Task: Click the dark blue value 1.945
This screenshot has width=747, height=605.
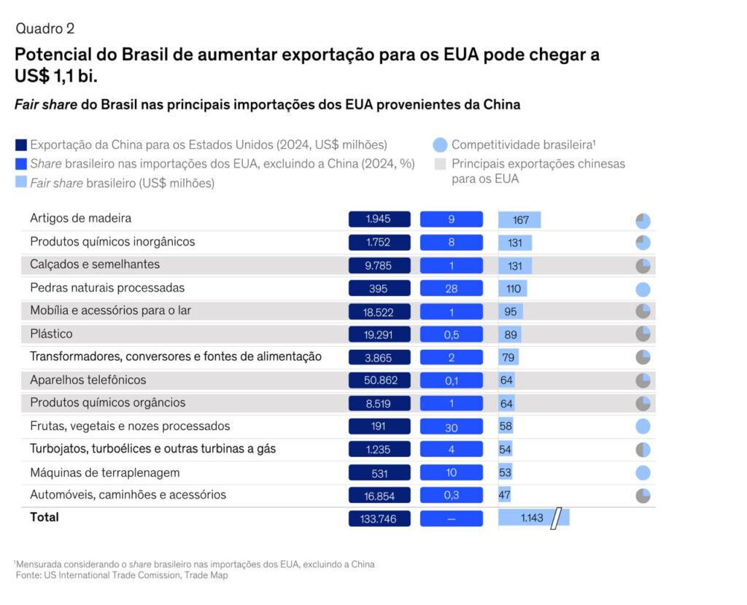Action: [x=379, y=219]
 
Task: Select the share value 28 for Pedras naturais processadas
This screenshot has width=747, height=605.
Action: [x=451, y=289]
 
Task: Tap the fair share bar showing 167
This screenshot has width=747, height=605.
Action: [x=520, y=219]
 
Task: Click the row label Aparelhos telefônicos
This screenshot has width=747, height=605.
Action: [x=88, y=380]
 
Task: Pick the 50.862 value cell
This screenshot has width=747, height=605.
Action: [x=379, y=380]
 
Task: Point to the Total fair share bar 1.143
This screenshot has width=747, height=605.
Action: [x=533, y=518]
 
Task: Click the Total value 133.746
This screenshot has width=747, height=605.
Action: [x=379, y=518]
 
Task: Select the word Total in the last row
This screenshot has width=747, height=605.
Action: [x=44, y=517]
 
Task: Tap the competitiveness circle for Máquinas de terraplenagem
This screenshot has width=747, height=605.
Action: [x=643, y=472]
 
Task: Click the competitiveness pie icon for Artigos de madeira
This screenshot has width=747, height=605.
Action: [x=643, y=221]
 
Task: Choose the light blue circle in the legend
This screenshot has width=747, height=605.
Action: [x=440, y=144]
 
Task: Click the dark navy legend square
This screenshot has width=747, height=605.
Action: [x=21, y=144]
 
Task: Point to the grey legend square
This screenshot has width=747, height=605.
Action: [x=440, y=164]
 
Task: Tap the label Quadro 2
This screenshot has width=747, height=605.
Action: [x=44, y=28]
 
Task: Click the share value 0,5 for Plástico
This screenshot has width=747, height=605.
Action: [x=451, y=335]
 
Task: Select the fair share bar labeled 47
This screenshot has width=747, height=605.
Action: [x=505, y=495]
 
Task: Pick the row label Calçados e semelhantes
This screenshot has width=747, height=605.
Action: [x=95, y=264]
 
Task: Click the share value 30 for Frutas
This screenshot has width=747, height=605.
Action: [x=451, y=426]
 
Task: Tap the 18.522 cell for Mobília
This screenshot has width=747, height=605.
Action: [x=379, y=311]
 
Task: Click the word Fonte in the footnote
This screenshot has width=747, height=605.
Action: [x=29, y=576]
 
